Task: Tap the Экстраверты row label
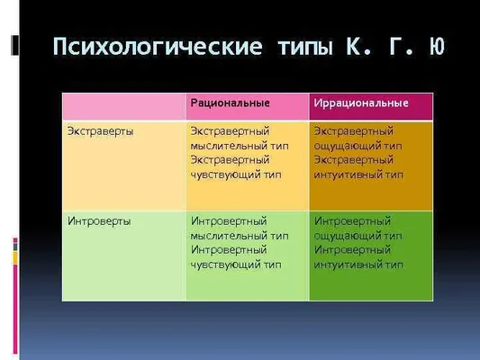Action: click(x=100, y=131)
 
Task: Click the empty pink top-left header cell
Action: click(x=123, y=104)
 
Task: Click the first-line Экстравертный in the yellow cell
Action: click(x=229, y=131)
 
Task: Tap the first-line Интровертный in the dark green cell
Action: click(x=352, y=220)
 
